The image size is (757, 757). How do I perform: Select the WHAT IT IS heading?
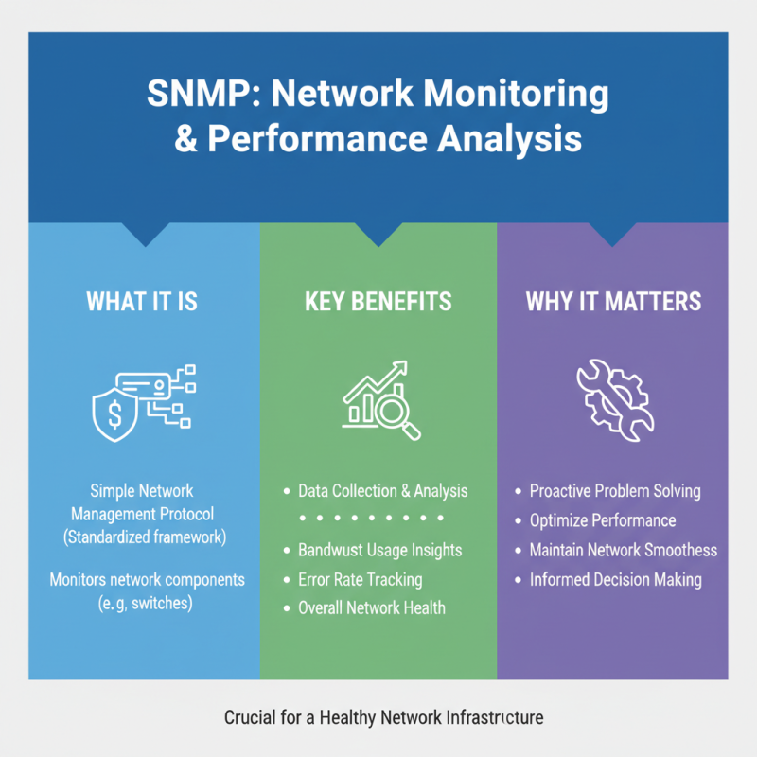[142, 302]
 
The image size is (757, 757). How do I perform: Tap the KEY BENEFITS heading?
[378, 302]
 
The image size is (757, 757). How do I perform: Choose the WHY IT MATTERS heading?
[613, 302]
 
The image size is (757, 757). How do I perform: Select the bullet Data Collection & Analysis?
[382, 491]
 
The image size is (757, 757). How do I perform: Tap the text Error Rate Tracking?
[360, 579]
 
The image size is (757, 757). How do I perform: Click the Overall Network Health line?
[371, 607]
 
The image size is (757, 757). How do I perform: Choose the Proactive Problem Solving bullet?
[615, 491]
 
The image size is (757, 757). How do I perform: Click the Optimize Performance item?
[603, 520]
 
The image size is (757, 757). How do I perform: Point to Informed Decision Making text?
[615, 579]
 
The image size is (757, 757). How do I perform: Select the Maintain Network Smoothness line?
[623, 550]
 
